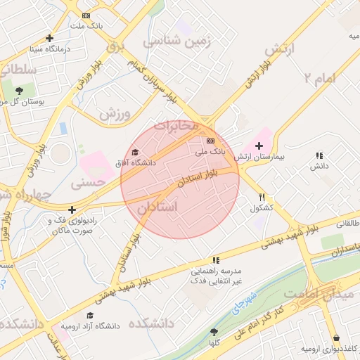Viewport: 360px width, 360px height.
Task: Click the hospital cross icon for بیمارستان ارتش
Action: click(x=259, y=145)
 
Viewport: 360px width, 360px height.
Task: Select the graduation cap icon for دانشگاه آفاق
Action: click(x=135, y=152)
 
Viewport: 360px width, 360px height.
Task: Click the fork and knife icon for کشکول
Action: click(x=262, y=198)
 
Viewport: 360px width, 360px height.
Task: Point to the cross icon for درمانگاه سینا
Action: click(x=49, y=39)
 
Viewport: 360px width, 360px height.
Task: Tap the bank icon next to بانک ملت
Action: click(x=86, y=15)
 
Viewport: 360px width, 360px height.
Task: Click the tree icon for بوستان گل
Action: click(x=19, y=91)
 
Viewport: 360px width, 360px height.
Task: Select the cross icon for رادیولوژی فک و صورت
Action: click(x=72, y=210)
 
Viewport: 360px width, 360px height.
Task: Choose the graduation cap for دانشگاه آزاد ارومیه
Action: click(x=90, y=316)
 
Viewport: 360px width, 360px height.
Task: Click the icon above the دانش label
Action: click(x=319, y=155)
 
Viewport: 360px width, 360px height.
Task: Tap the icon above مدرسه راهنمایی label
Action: click(x=216, y=259)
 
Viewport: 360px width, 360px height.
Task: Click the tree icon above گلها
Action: click(x=214, y=331)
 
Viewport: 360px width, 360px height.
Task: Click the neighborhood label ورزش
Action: click(x=115, y=112)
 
